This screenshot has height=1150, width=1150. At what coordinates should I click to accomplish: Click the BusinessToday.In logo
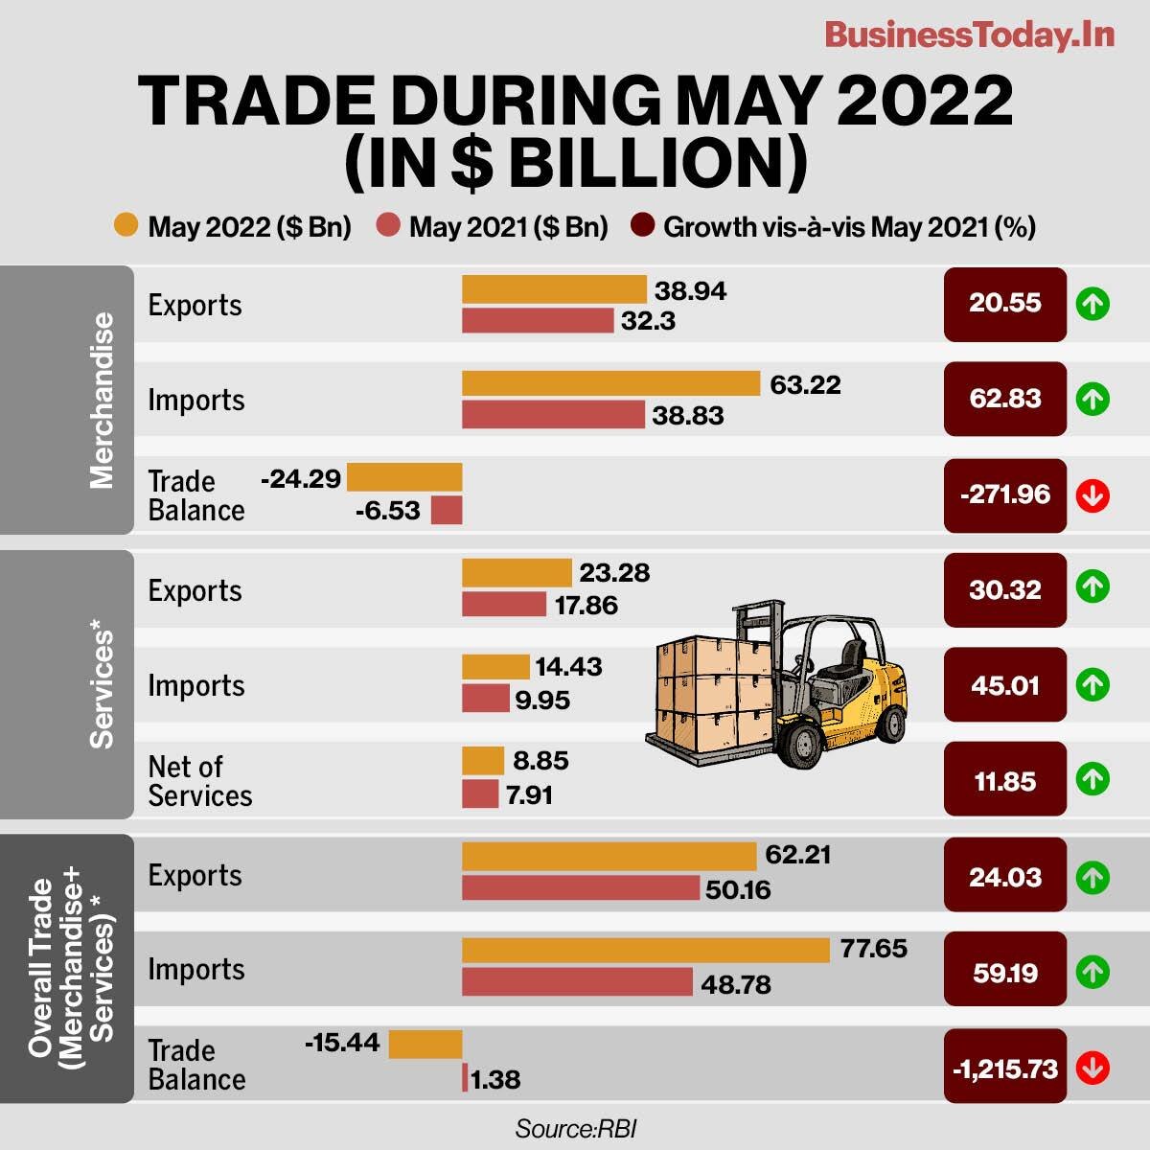pos(969,35)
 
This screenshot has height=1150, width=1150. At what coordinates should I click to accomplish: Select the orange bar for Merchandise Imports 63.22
pos(610,383)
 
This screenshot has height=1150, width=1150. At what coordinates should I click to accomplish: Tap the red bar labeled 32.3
pos(537,320)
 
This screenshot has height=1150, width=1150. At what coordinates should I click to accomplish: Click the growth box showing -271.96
pos(1004,494)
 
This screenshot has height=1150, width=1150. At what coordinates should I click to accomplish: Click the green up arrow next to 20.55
pos(1092,304)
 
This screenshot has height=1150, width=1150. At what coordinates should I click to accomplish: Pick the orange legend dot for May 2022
pos(126,227)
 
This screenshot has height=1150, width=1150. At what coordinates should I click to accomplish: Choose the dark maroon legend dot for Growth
pos(642,227)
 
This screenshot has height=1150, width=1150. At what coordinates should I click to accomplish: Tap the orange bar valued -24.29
pos(403,477)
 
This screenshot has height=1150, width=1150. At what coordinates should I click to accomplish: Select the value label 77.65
pos(873,949)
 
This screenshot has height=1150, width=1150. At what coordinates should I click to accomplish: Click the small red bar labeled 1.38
pos(465,1078)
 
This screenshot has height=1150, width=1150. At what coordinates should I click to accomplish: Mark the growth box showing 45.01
pos(1004,685)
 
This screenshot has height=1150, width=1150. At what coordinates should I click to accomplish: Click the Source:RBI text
pos(575,1128)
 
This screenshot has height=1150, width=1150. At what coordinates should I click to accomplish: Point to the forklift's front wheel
pos(798,743)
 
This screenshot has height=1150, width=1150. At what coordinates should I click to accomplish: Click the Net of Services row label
pos(199,781)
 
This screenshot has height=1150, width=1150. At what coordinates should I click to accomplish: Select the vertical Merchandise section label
pos(102,400)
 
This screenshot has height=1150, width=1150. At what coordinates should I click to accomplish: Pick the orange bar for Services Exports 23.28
pos(517,573)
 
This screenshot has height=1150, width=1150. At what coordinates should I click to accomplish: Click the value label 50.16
pos(738,889)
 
